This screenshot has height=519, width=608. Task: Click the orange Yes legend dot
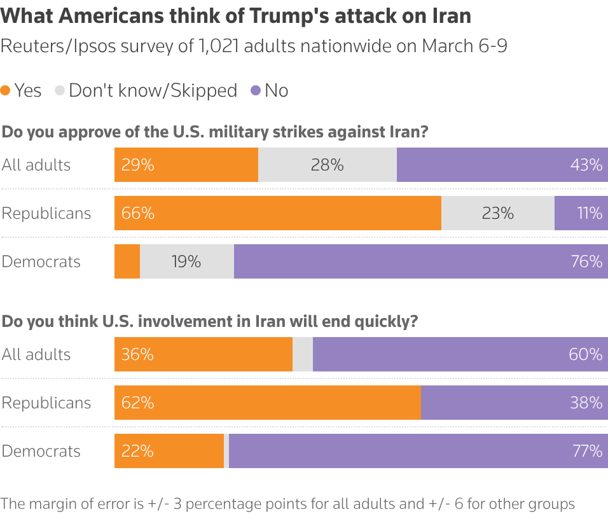[x=6, y=91]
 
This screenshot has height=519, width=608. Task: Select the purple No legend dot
[x=256, y=91]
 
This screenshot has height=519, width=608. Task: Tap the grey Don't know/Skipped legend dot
[x=60, y=91]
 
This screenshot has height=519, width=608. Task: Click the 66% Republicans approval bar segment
[x=278, y=213]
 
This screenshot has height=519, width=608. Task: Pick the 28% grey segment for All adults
[x=328, y=165]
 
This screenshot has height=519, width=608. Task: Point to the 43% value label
[x=586, y=165]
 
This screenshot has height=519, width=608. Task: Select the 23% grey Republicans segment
[x=498, y=213]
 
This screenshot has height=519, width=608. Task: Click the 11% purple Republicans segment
[x=581, y=213]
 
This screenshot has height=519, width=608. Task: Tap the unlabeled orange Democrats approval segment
[x=127, y=261]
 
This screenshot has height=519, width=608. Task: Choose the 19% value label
[x=186, y=261]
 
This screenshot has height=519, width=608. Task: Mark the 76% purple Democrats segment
[x=421, y=261]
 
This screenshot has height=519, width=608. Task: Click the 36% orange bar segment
[x=204, y=354]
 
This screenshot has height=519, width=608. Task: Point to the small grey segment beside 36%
[x=303, y=354]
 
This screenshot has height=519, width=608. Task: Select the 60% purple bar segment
[x=460, y=354]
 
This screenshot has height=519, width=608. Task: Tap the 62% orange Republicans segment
[x=268, y=403]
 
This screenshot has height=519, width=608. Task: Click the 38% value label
[x=586, y=403]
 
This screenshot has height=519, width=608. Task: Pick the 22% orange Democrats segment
[x=169, y=451]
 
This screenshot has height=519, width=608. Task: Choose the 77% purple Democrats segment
[x=418, y=451]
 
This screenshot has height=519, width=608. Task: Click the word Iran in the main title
[x=449, y=16]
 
